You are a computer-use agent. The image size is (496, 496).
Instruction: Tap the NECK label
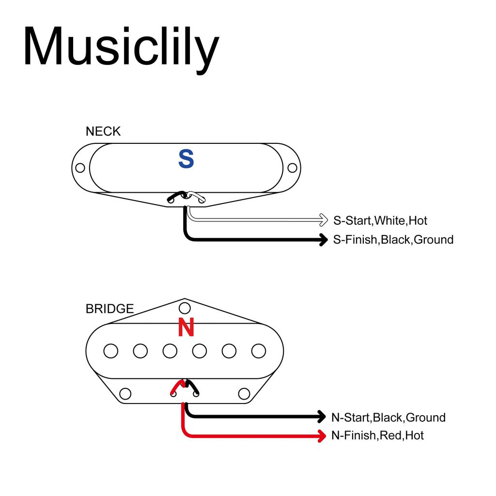coord(103,131)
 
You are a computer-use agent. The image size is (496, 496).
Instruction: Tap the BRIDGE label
coord(109,309)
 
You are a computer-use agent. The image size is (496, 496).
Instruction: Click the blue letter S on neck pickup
coord(186,159)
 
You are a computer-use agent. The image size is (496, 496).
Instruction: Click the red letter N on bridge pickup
coord(186,328)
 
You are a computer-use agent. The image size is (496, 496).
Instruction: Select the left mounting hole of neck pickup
coord(80,168)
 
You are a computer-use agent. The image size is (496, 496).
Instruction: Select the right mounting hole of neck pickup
coord(292,168)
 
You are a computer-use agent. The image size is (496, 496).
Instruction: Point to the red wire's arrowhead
coord(321,435)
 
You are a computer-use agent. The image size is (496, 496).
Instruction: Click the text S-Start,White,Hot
coord(380,221)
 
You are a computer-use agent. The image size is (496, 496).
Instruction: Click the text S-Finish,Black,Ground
coord(393,239)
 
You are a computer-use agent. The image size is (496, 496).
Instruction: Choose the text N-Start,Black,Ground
coord(388,417)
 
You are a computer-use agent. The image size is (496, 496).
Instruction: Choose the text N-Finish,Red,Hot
coord(377,435)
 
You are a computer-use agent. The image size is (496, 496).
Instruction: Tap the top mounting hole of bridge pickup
coord(185,308)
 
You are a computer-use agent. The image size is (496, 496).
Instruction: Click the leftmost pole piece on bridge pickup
coord(111,351)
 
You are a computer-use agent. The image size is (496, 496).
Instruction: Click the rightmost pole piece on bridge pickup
coord(259,350)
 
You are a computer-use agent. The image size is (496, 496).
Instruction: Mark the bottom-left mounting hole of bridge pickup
coord(125,393)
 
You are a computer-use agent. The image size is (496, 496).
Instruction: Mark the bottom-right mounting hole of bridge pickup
coord(244,393)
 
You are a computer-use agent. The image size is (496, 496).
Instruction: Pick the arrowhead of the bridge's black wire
coord(321,416)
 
